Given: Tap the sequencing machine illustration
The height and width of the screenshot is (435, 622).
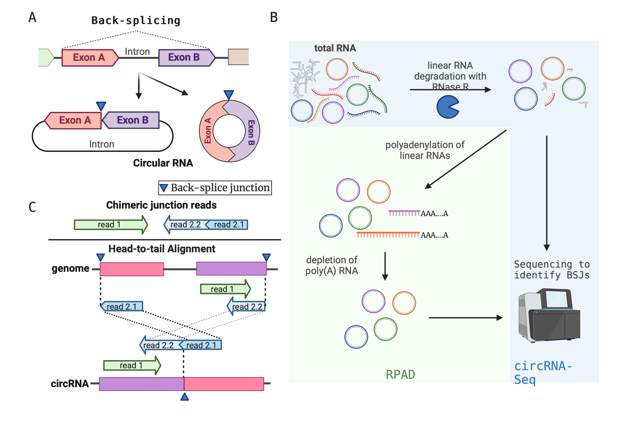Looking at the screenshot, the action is point(549,316).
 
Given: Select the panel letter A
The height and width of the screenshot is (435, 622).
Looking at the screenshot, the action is point(32,17).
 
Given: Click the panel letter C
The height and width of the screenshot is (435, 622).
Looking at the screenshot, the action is point(32,207).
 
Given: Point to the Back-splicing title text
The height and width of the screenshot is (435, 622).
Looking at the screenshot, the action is point(136,21).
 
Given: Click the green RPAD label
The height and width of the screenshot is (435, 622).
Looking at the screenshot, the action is point(400,375).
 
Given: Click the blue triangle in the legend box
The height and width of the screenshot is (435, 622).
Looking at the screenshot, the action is point(164,188).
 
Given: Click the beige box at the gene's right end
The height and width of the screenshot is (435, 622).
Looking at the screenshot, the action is point(238,57).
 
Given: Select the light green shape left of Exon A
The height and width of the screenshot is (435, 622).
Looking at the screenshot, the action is point(46,57).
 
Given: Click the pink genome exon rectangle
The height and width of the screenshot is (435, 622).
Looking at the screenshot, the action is point(132,269).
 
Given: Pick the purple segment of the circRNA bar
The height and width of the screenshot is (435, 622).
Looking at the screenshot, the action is point(141,384).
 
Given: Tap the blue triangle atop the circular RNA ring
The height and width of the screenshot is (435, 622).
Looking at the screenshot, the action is point(229,95).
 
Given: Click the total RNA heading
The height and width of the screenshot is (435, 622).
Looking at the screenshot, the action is point(335,48).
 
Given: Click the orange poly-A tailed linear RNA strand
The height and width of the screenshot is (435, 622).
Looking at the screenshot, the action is point(388,235).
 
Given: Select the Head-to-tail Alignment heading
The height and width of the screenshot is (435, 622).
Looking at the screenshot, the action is point(162,249).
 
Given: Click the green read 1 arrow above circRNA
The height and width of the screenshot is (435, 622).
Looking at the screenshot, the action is point(132,365).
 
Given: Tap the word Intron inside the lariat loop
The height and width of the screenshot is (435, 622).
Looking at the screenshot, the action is point(102,144).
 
